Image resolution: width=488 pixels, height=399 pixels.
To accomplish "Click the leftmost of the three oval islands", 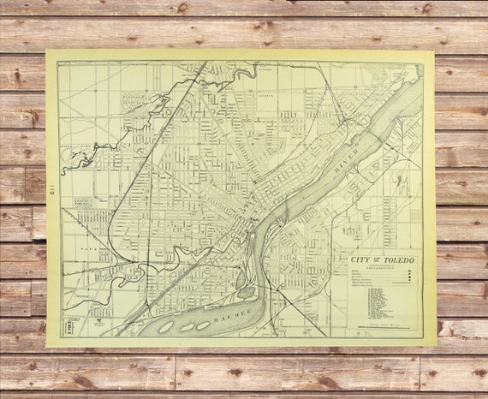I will pyautogui.click(x=164, y=326).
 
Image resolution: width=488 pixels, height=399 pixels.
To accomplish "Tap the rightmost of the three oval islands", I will pyautogui.click(x=203, y=325).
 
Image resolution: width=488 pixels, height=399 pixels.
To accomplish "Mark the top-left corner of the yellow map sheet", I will pyautogui.click(x=45, y=51).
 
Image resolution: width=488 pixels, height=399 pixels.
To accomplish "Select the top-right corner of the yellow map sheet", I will pyautogui.click(x=434, y=52).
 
